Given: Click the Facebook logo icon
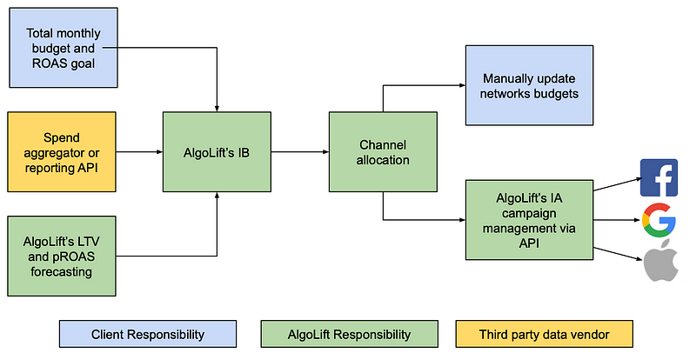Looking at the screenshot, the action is coord(659,177).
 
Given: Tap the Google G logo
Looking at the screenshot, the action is coord(659,220).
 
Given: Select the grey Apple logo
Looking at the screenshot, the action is coord(661,260).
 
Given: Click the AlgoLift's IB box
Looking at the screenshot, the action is coord(217,152).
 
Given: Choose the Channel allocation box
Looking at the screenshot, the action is coord(383,152).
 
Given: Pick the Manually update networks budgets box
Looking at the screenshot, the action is coord(529,85).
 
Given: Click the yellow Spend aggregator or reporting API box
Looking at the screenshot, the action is coord(62,152).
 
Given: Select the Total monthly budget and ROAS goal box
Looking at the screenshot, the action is coord(64,48).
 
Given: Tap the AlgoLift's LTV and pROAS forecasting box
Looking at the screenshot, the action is coord(62,257).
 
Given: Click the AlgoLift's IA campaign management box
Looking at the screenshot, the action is coord(529,220).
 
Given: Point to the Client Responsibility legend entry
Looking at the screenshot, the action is coord(148,334).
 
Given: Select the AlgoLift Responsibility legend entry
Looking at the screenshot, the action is coord(350,334).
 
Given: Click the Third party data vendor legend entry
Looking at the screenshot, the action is coord(545,334).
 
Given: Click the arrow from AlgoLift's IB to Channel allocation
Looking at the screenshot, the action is coord(300,152).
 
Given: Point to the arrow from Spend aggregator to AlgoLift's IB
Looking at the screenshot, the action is coord(139,152).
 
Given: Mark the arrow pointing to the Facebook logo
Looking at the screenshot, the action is coord(618,184).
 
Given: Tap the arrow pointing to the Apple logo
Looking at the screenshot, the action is coord(618,255).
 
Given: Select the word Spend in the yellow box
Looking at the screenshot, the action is coord(62,137).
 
